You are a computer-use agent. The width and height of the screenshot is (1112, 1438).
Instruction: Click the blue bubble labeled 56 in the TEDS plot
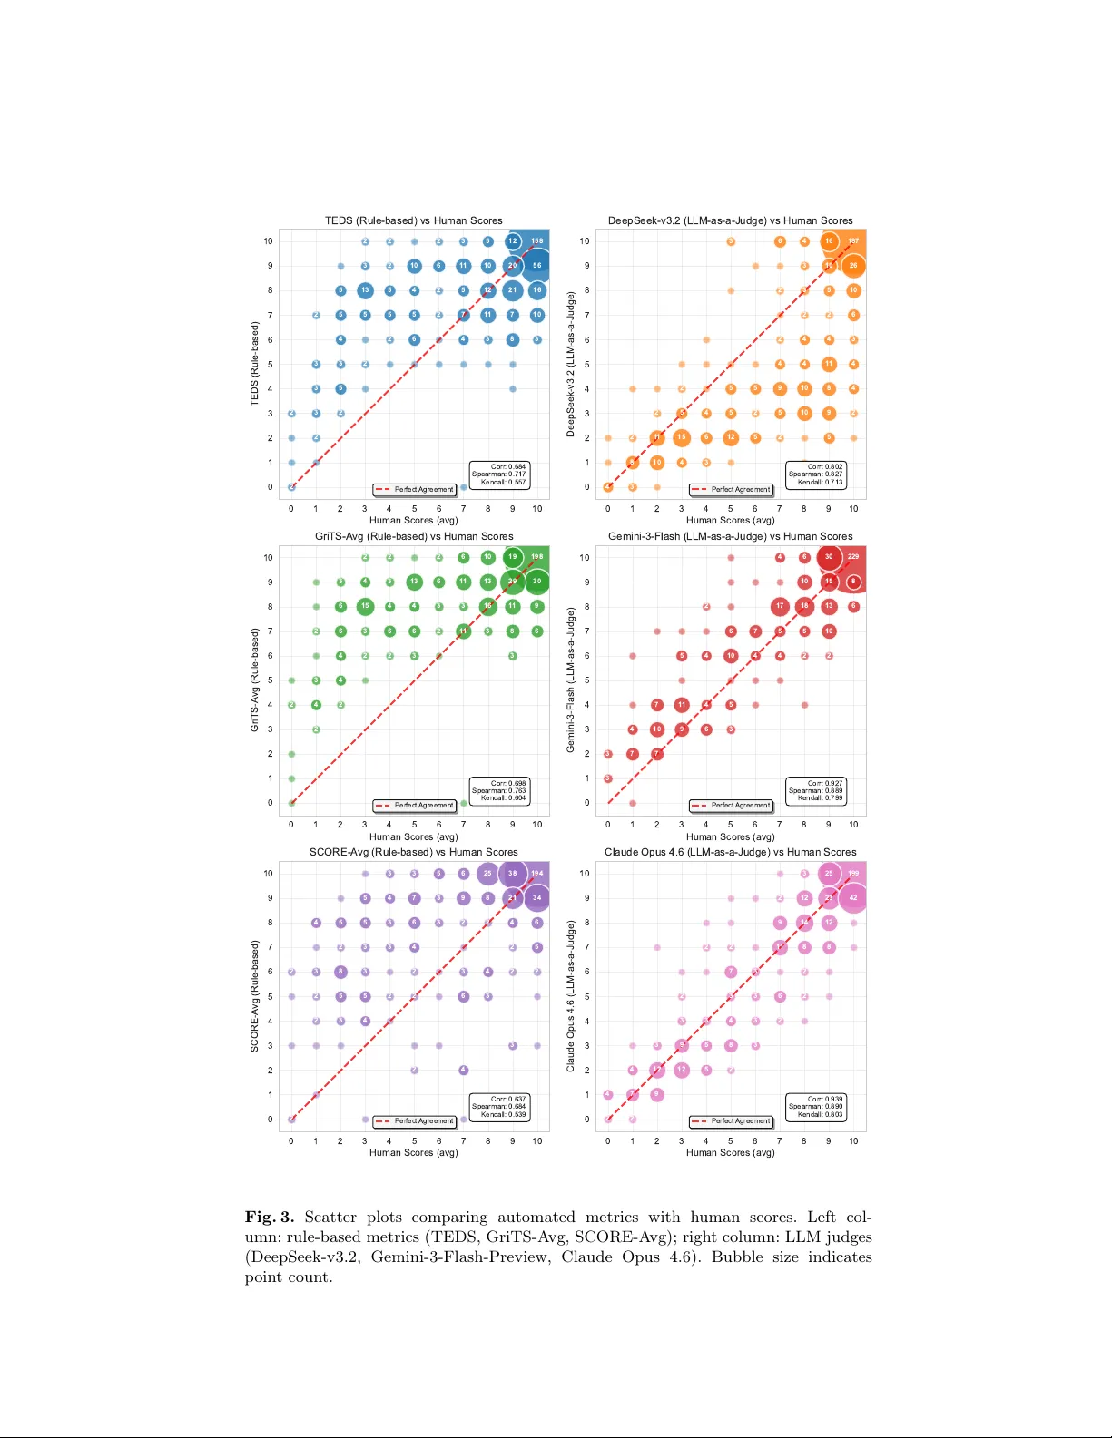537,266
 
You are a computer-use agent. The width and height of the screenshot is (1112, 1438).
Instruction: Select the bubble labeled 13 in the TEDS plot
365,290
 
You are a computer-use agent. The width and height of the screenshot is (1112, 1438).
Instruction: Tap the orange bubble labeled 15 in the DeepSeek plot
682,437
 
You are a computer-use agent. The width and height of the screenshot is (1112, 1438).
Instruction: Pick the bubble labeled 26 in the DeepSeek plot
853,266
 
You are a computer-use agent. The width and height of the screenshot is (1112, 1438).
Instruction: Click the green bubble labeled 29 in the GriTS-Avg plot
513,582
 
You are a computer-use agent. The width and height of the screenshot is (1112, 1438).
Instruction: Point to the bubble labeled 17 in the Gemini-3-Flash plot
780,606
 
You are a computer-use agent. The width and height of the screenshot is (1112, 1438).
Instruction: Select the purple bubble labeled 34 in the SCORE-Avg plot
537,898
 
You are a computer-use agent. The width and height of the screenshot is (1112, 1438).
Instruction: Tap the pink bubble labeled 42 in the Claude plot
853,898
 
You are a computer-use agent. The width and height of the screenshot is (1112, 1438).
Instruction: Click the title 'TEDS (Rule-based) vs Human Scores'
414,220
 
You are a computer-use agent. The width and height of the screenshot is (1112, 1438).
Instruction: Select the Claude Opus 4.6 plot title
731,852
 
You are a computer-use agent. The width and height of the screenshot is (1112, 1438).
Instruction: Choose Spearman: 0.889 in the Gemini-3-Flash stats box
816,790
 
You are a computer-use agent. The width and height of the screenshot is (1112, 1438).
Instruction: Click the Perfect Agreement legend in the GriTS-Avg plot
415,806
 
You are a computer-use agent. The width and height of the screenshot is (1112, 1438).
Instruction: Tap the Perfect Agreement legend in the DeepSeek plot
732,490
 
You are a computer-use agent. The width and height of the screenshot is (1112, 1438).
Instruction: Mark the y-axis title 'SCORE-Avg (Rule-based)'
255,996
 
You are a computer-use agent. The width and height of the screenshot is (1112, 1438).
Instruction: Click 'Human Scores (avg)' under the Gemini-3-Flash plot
731,836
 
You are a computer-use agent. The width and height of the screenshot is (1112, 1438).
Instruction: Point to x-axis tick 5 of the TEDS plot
414,509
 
